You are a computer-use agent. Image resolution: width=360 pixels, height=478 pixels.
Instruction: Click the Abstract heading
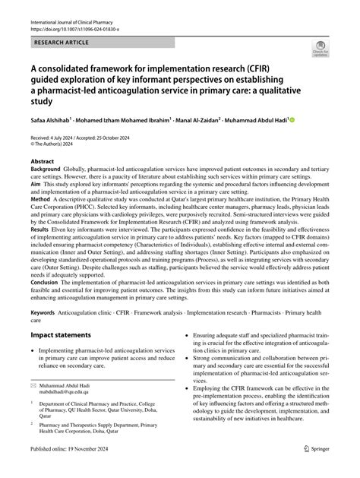[43, 161]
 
